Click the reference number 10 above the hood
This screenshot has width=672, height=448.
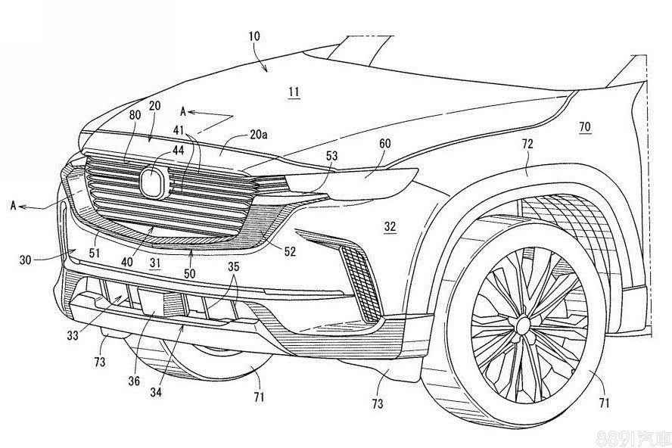[x=253, y=36]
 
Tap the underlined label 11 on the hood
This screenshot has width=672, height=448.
[x=294, y=92]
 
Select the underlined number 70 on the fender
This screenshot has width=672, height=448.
[x=585, y=128]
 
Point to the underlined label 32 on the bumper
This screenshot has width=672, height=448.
[x=389, y=226]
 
